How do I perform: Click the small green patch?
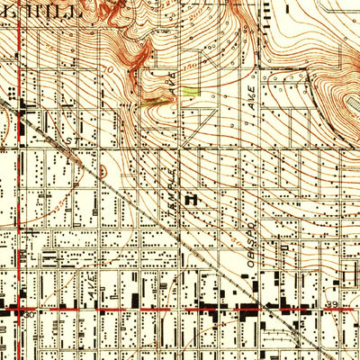click(189, 92)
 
